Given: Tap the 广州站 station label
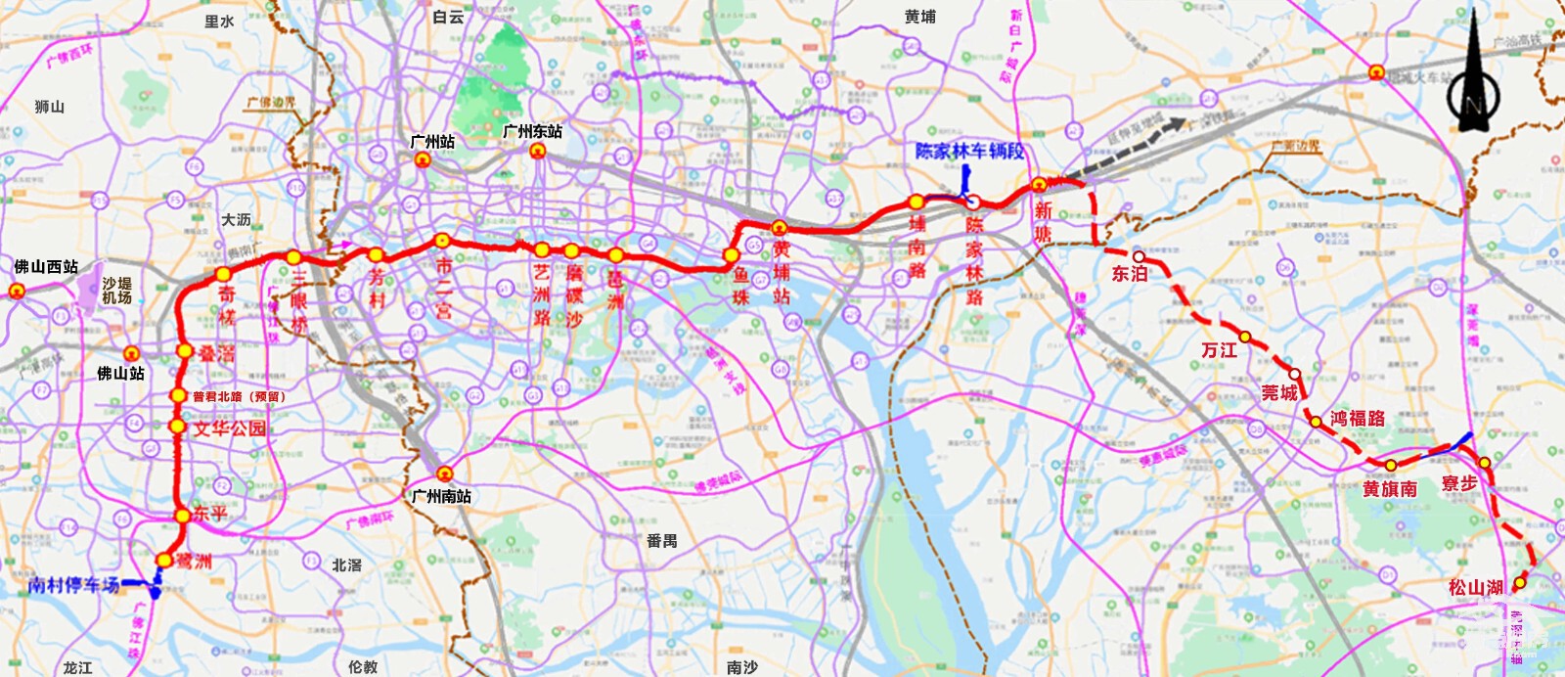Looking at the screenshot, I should coord(431,142).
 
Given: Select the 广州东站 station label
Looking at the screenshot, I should coord(532,131).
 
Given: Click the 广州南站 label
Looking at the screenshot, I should coord(441,496).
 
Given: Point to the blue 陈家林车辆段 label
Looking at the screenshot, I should coord(969,152).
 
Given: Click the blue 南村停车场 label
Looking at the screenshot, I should coord(74,585).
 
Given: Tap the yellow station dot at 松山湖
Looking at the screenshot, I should coord(1520,583).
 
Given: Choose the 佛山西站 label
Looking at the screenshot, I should coord(46,267).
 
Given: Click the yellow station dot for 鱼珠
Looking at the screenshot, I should coord(731,255).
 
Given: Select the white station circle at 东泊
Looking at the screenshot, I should coord(1139,257).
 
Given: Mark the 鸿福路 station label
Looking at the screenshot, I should coord(1358,419).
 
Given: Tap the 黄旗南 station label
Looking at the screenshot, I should coord(1389,488).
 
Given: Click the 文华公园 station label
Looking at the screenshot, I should coord(229,429).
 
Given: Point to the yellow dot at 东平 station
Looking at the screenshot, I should coord(182,516).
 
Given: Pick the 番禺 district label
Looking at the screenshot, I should coord(661,540).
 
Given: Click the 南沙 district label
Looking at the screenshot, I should coord(741,667).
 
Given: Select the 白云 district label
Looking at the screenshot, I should coord(448,18).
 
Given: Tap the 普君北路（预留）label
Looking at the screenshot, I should coord(238,396).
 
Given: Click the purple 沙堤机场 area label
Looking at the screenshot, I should coord(116,291).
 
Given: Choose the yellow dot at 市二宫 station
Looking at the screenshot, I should coord(441,240).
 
